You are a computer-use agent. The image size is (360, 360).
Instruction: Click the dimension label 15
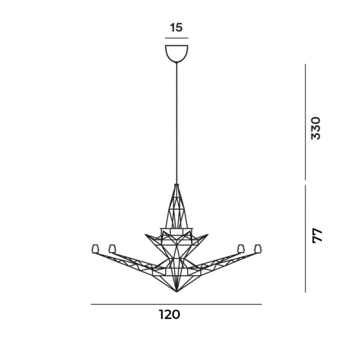click(176, 28)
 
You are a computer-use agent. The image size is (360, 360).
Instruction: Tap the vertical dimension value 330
click(316, 128)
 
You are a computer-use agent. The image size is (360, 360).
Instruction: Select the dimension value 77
click(317, 235)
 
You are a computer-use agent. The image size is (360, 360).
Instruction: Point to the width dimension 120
click(169, 315)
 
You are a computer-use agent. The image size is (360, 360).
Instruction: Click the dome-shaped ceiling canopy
click(176, 53)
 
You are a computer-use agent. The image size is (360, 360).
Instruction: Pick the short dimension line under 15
click(176, 38)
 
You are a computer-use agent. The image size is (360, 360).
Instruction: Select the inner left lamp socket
click(112, 248)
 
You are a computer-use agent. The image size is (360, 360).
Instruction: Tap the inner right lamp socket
click(241, 248)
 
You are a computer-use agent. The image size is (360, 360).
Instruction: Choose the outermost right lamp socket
click(258, 248)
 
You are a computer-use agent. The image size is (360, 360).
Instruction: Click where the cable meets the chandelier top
click(176, 184)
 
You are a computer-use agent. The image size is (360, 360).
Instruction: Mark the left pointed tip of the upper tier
click(145, 234)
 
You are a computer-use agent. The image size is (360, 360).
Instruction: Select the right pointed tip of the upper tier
click(208, 234)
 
